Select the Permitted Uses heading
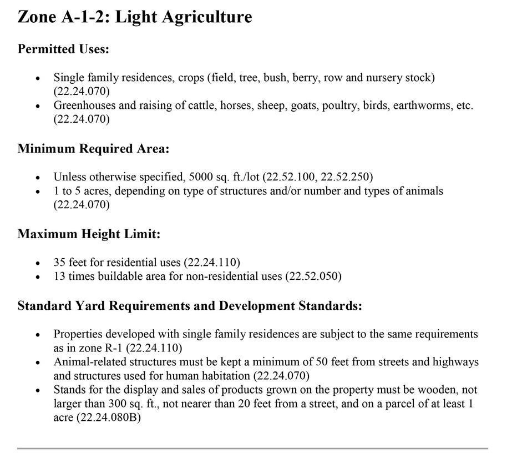click(x=63, y=49)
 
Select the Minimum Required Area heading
click(x=93, y=149)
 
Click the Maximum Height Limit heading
click(x=89, y=234)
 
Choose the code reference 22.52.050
click(x=313, y=275)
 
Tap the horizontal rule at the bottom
click(x=252, y=448)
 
